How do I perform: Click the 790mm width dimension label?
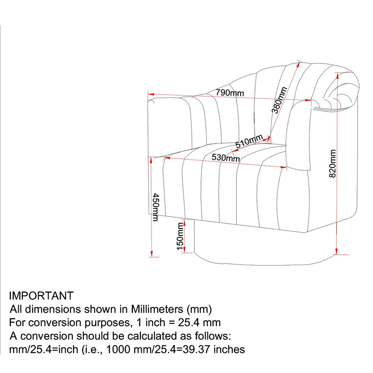230,92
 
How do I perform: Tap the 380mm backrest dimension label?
279,100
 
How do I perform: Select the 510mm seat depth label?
249,141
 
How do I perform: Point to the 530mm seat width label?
226,158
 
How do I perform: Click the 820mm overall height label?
332,164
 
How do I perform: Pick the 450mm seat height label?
156,207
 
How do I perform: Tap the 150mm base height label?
180,236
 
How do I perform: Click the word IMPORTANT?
41,296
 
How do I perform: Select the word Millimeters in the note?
157,309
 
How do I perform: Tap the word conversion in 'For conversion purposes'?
55,323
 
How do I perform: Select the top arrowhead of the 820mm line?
337,76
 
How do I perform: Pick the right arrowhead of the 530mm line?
283,167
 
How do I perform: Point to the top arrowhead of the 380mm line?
298,64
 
